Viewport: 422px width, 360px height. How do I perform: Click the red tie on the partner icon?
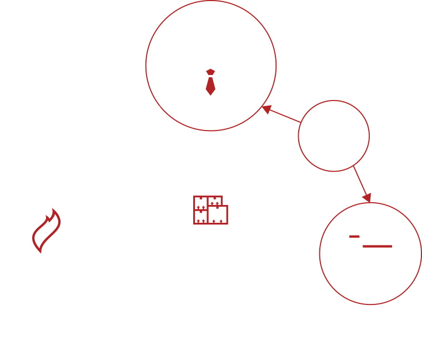[209, 83]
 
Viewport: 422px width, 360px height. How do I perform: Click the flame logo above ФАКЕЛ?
[51, 238]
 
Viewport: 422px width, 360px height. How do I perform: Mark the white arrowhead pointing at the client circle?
[321, 281]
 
